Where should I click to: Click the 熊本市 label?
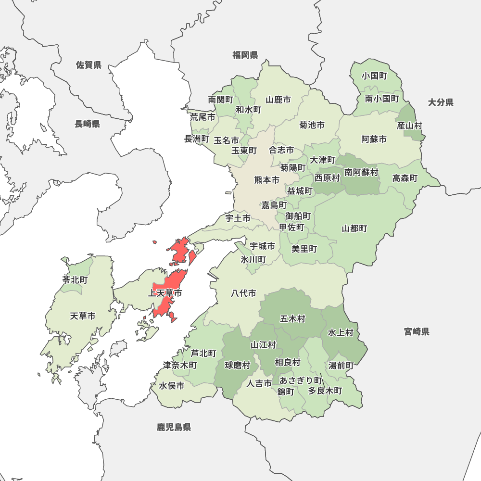coord(267,180)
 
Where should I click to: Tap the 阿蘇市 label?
coord(374,139)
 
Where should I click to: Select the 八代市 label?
coord(243,293)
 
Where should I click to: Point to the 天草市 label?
coord(82,316)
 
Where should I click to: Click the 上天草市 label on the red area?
coord(165,293)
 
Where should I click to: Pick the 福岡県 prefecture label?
coord(245,55)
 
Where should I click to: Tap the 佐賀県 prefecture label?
coord(89,65)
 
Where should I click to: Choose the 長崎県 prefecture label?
coord(87,124)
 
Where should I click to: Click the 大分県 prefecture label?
coord(441,102)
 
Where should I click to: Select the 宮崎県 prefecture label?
coord(417,331)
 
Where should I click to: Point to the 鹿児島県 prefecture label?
coord(174,427)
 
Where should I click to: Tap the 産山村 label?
coord(409,126)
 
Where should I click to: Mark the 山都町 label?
coord(354,228)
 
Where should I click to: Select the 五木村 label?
coord(292,318)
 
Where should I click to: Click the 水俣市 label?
coord(172,386)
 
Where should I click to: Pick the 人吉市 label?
coord(259,383)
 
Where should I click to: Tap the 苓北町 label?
coord(75,279)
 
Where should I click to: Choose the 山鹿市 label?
coord(278,100)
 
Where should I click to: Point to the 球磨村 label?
coord(238,365)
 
